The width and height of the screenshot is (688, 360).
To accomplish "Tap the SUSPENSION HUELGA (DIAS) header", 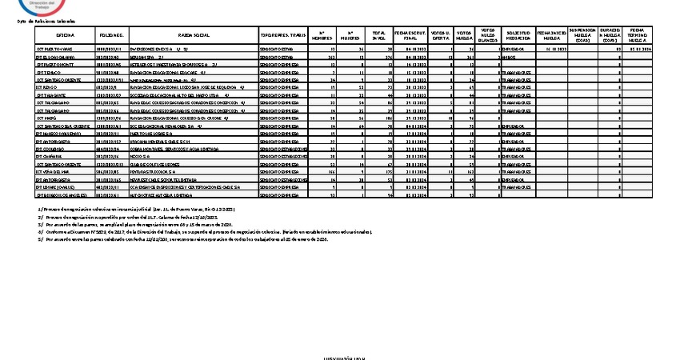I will point(586,36).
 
